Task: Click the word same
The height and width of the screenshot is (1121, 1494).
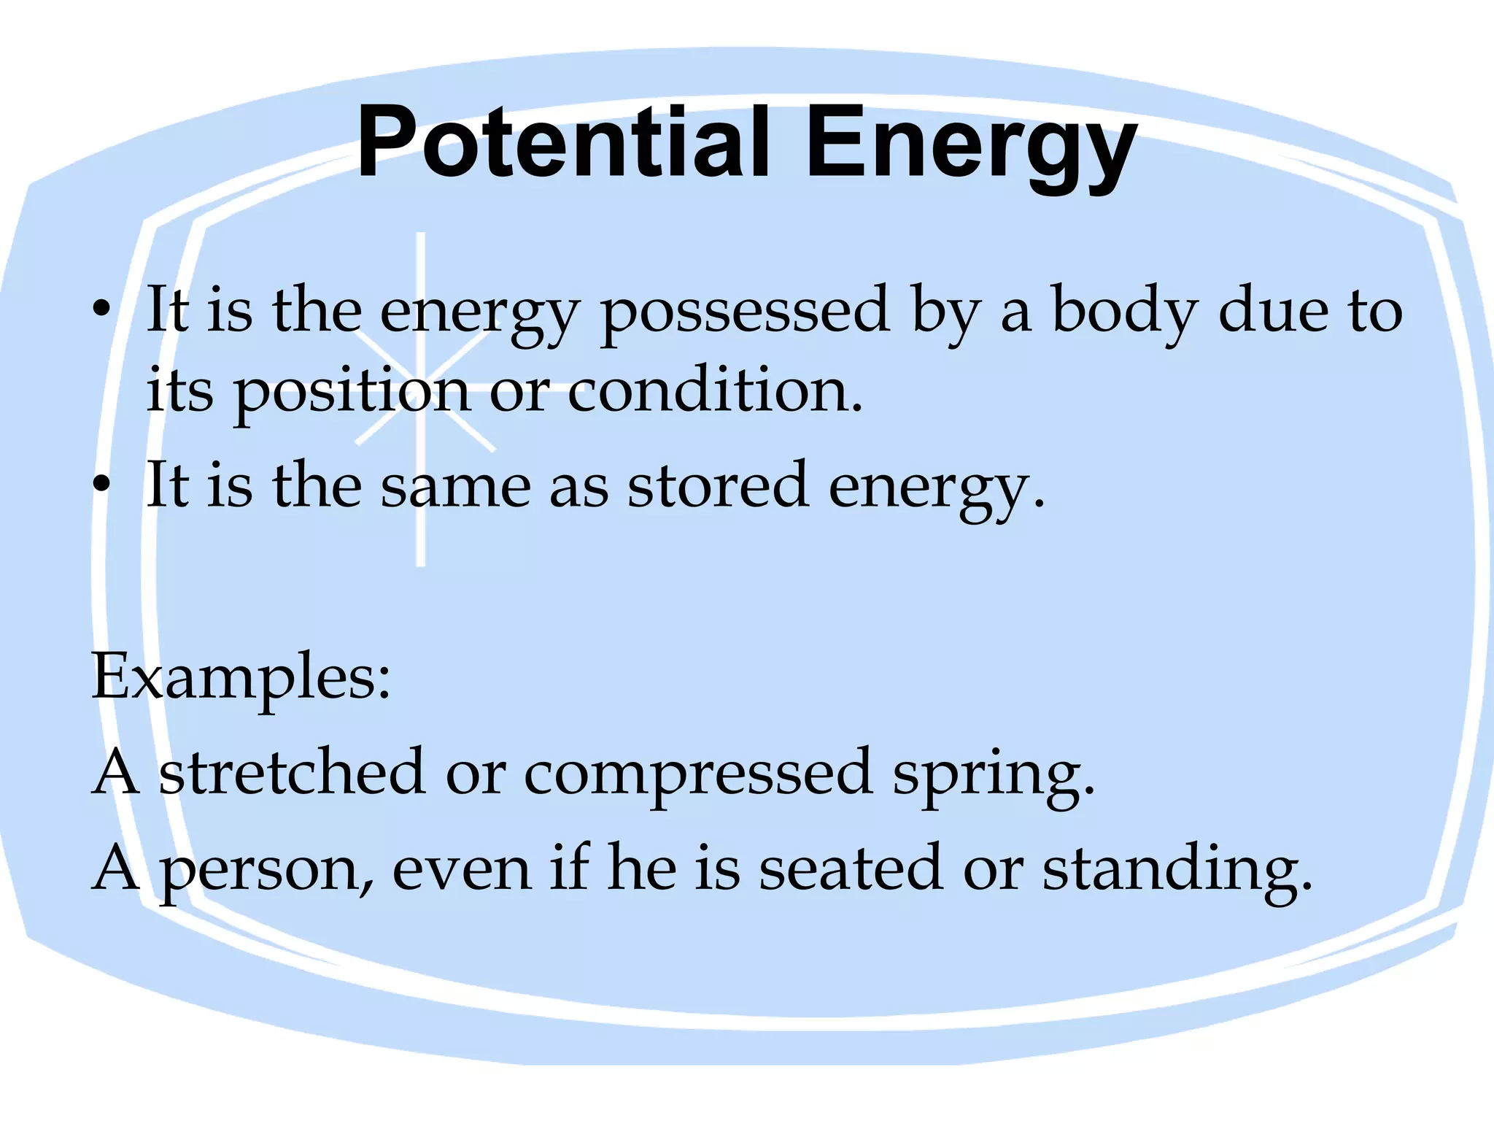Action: [x=456, y=485]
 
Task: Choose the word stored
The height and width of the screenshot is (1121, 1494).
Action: [x=718, y=485]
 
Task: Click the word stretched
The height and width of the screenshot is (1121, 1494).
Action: [x=292, y=772]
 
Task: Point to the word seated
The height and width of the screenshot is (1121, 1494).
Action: [x=851, y=868]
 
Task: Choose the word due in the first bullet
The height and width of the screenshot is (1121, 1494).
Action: [x=1274, y=309]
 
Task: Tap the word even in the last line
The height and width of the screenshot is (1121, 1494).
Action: [x=462, y=869]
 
